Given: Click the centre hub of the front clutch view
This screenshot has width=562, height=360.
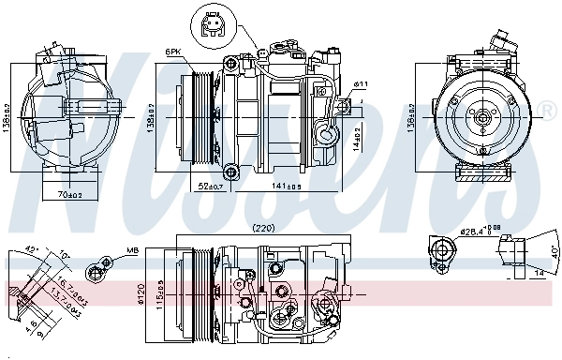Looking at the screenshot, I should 481,118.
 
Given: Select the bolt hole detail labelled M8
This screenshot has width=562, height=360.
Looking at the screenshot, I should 94,272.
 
